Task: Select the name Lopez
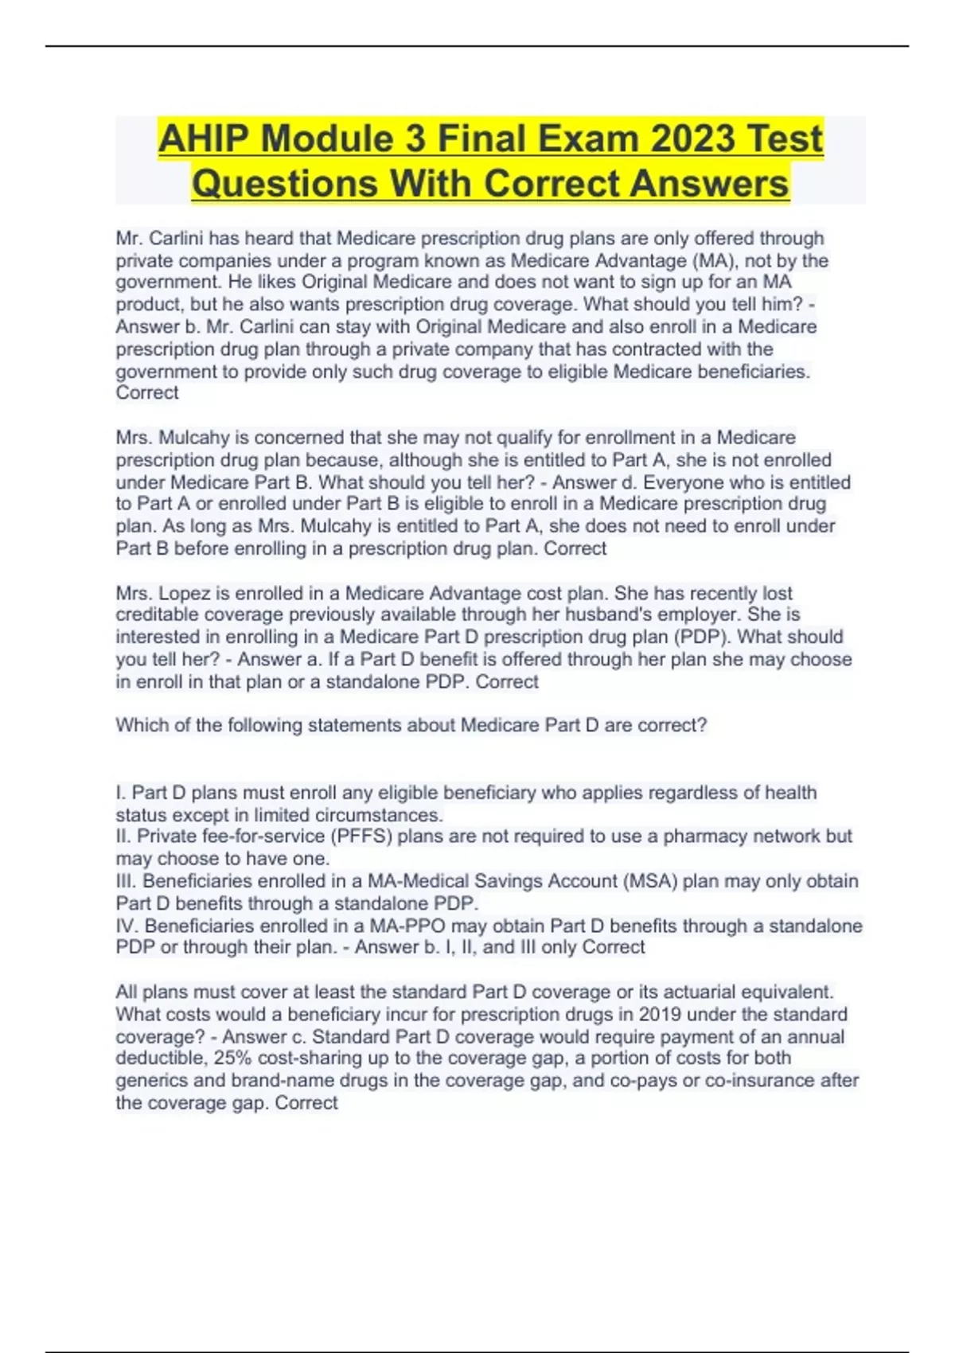pos(185,594)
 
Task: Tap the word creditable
pos(157,615)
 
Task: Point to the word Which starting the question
pos(140,726)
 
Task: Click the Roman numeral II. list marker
pos(123,836)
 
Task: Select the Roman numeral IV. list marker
pos(127,926)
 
